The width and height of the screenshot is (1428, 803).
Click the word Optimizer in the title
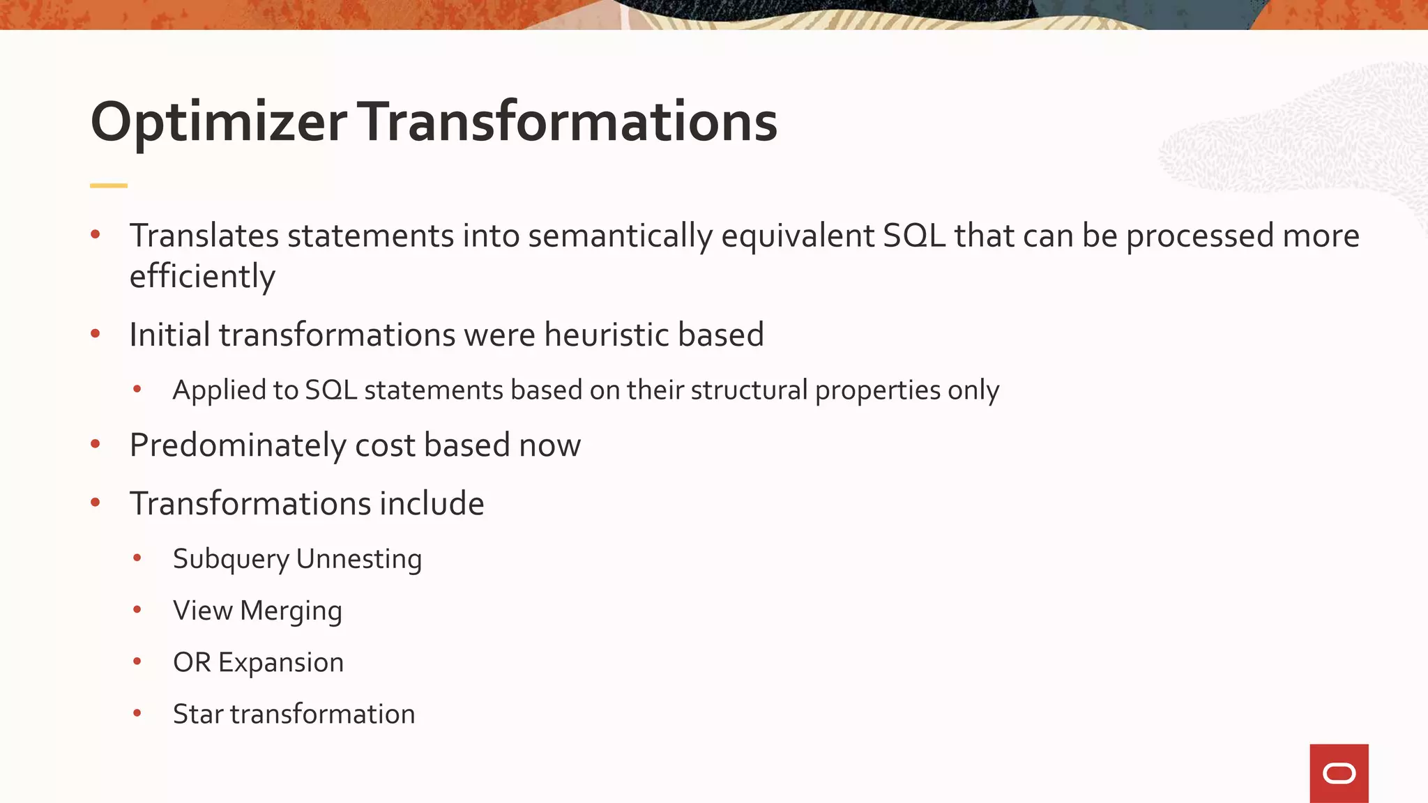coord(218,123)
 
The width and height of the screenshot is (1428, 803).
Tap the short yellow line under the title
coord(109,185)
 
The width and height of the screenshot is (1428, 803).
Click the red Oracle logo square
coord(1339,773)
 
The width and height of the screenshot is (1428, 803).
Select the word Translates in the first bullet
coord(204,236)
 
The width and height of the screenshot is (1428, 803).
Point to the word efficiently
coord(202,277)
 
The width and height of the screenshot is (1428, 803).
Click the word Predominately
coord(238,445)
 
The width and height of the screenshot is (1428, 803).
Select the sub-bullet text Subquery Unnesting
coord(297,559)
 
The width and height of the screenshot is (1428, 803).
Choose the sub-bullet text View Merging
coord(257,611)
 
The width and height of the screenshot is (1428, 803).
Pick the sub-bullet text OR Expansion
coord(258,662)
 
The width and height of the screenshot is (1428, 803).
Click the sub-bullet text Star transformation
coord(294,714)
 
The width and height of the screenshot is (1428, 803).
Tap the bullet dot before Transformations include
coord(96,502)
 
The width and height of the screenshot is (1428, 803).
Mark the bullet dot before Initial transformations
coord(96,333)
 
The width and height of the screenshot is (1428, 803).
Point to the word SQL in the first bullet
coord(914,236)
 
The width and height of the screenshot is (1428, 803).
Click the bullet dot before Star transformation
coord(137,712)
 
